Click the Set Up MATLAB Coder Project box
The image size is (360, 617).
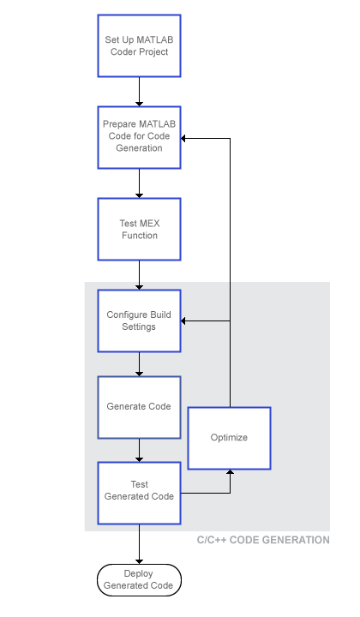coord(139,45)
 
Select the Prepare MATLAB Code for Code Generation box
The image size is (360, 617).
coord(139,137)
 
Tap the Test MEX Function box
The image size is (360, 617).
coord(139,229)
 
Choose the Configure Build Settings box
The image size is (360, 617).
coord(139,320)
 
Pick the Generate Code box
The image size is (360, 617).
coord(139,407)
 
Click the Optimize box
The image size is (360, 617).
coord(230,438)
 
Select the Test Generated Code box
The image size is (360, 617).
coord(139,493)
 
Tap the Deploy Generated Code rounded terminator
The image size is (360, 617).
coord(139,579)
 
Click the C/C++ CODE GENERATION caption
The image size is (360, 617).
coord(263,540)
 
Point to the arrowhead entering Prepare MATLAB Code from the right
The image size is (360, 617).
coord(183,139)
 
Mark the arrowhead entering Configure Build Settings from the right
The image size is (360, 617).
coord(183,321)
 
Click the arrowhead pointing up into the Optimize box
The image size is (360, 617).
coord(231,472)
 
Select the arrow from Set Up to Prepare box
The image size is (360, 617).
coord(139,92)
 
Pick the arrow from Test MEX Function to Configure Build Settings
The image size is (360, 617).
coord(139,275)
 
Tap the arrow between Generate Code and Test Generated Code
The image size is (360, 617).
coord(139,450)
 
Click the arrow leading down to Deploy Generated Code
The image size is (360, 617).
coord(139,544)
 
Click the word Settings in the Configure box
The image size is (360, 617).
coord(139,326)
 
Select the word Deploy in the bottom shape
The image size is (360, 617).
coord(139,573)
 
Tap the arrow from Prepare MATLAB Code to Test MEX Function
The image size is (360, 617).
coord(139,183)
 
